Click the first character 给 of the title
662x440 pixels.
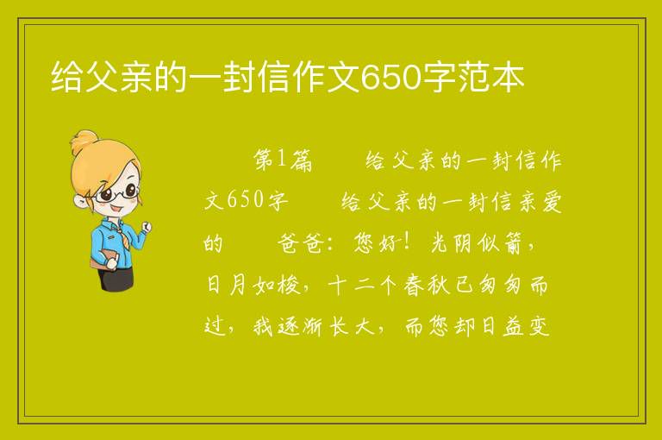(x=66, y=78)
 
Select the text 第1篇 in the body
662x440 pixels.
(x=283, y=160)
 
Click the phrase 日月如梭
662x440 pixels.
(x=253, y=285)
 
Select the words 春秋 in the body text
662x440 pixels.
(x=428, y=285)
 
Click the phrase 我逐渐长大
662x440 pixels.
(x=313, y=326)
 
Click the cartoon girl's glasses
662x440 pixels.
(x=116, y=192)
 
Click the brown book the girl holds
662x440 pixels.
(x=103, y=259)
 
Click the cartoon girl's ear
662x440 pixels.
(x=80, y=201)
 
